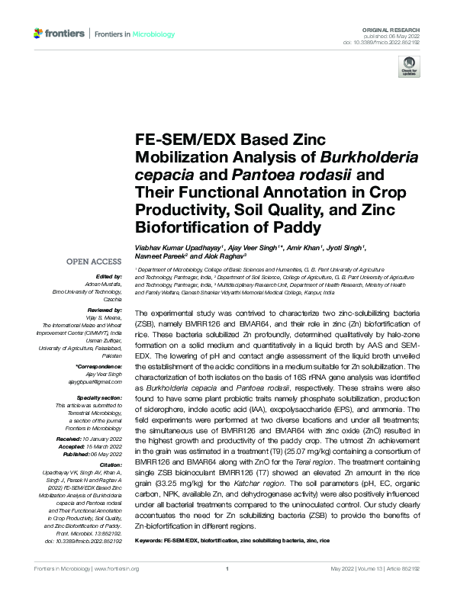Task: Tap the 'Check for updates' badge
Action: (411, 66)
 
